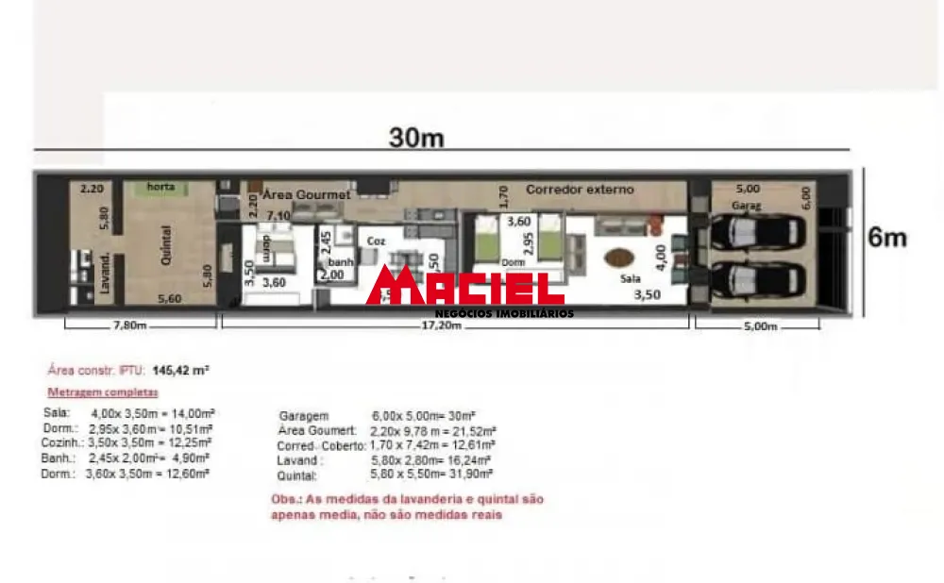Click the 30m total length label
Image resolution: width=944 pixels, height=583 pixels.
point(417,137)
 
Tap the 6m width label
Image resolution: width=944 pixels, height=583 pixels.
point(887,238)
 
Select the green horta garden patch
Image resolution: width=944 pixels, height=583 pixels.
point(160,188)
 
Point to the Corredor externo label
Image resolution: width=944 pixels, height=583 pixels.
point(580,190)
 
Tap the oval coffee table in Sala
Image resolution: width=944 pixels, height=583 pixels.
point(618,256)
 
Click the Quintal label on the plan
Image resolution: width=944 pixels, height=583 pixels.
point(166,243)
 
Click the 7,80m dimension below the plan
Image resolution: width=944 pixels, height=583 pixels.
point(129,326)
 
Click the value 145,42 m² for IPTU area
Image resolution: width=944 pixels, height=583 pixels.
point(180,371)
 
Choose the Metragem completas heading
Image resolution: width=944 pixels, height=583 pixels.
point(103,391)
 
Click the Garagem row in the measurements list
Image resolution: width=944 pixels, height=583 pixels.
point(304,416)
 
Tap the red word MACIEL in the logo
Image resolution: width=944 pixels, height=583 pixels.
point(464,287)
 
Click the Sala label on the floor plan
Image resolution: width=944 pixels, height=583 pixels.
point(630,280)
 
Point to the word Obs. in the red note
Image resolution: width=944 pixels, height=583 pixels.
point(284,499)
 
